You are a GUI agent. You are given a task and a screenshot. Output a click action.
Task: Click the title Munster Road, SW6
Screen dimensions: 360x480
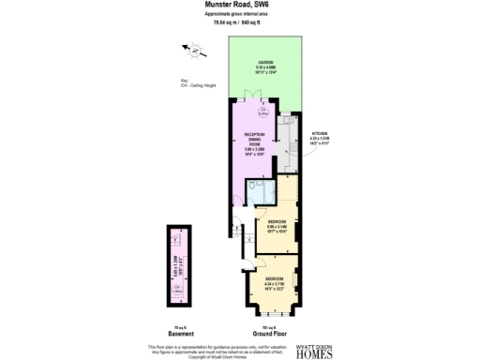click(239, 5)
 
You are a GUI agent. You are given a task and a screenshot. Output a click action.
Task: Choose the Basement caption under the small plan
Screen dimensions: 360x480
click(181, 335)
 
